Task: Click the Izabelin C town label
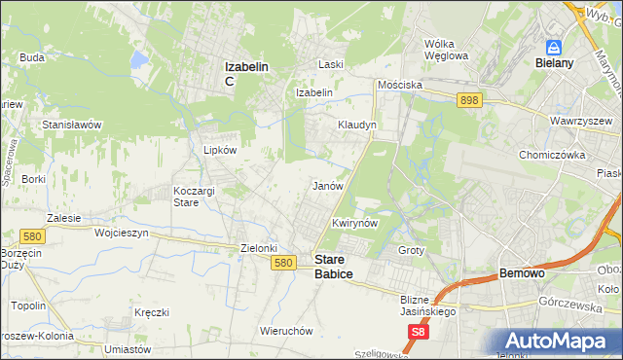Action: (x=247, y=73)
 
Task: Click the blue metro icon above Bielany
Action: (x=554, y=46)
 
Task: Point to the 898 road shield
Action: (x=470, y=100)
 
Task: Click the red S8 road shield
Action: (x=417, y=331)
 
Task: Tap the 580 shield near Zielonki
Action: (x=283, y=263)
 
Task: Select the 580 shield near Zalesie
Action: (x=30, y=236)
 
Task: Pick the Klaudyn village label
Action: (x=356, y=126)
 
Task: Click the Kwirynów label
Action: (x=354, y=223)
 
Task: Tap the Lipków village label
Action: (x=219, y=151)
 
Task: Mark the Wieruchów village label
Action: (x=285, y=331)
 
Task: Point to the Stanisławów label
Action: (x=72, y=126)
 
